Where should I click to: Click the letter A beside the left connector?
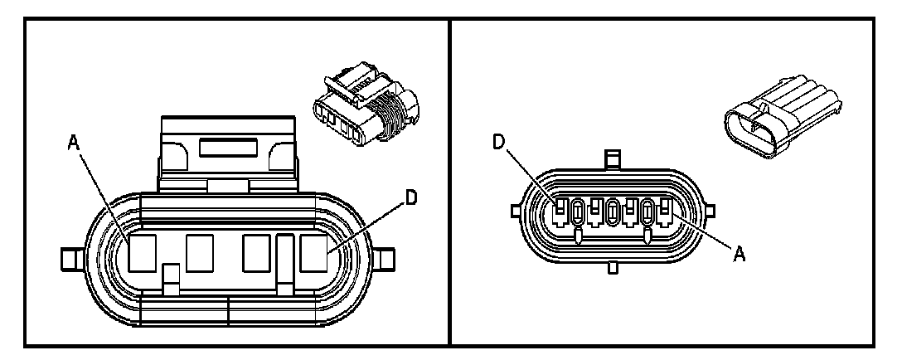(x=74, y=144)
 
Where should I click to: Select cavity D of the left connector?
(x=313, y=253)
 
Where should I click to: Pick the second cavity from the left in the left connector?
(x=200, y=253)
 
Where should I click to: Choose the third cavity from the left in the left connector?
(x=255, y=253)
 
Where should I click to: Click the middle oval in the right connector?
(x=613, y=212)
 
